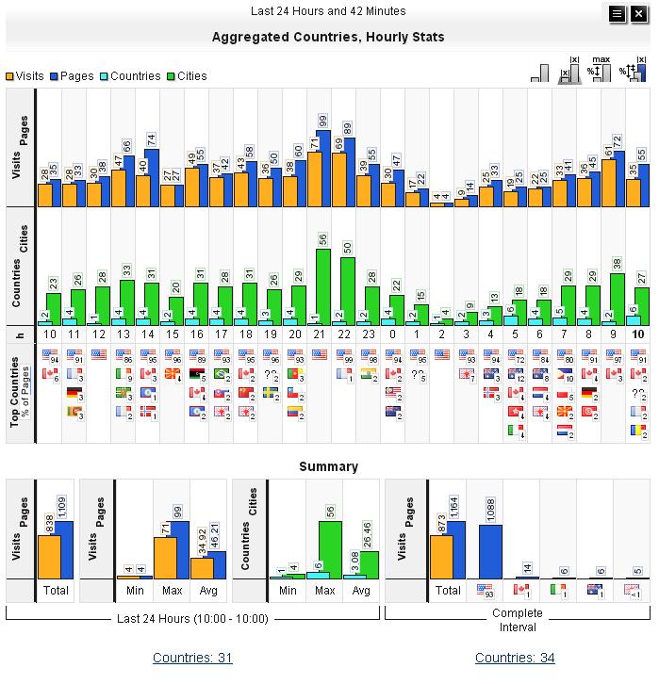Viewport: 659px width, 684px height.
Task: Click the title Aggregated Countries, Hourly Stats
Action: coord(328,38)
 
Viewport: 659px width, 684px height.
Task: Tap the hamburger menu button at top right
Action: coord(617,13)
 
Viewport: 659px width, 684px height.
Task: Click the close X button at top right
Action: coord(637,13)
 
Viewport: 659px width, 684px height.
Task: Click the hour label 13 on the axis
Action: coord(124,334)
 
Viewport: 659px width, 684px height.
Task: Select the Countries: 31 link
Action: coord(192,658)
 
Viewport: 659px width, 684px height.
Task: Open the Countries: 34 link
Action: coord(515,658)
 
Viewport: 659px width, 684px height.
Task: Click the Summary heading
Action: coord(328,466)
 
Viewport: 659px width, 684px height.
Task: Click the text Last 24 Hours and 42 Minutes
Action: coord(328,11)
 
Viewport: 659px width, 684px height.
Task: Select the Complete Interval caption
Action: coord(518,620)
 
